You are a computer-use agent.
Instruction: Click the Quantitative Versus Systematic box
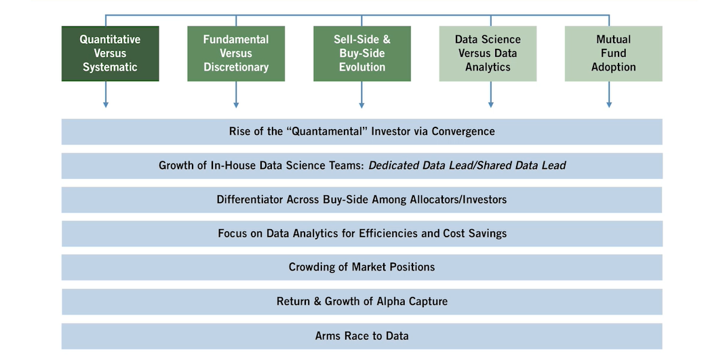(110, 54)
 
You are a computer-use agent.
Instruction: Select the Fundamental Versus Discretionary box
(236, 54)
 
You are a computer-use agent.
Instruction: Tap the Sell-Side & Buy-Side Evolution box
(361, 54)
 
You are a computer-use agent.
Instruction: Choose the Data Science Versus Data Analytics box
(488, 54)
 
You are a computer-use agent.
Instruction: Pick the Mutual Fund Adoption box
(613, 54)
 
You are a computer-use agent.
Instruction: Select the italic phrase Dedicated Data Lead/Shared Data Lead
(467, 165)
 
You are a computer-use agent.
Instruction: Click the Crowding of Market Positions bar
(361, 267)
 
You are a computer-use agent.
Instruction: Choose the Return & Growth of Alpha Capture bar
(361, 301)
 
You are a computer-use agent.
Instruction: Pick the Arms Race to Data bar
(361, 336)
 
